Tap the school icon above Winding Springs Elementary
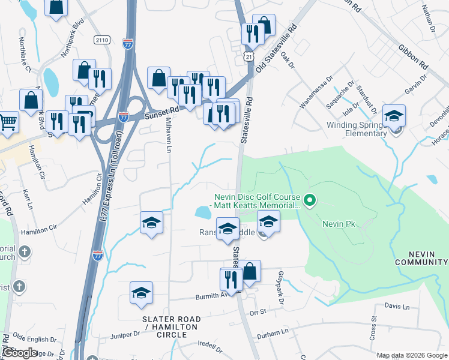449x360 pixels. coord(394,116)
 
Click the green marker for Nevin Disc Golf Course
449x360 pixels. coord(310,200)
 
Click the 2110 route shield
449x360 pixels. coord(103,40)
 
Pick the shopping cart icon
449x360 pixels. coord(8,122)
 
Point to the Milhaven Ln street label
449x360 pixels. coord(169,134)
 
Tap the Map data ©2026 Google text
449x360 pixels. coord(412,355)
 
